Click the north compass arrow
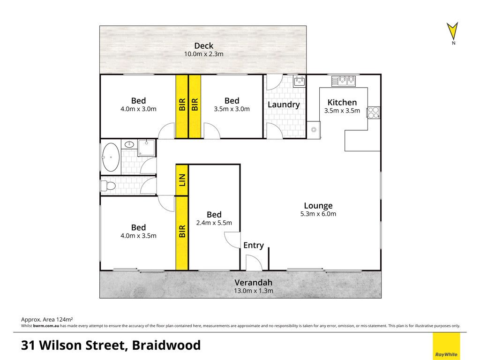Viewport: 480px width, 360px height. [x=452, y=31]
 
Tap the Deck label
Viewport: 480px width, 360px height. [x=203, y=46]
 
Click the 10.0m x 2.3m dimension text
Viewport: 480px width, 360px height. [x=203, y=54]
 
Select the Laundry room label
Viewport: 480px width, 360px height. [x=284, y=105]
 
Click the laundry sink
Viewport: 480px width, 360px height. [x=299, y=81]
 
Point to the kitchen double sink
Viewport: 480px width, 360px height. [x=344, y=81]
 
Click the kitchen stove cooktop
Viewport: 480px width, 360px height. [x=374, y=112]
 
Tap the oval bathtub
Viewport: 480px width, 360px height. [x=111, y=157]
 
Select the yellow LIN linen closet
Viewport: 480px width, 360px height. [x=182, y=180]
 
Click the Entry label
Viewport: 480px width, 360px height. [x=254, y=245]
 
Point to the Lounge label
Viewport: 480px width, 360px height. [x=318, y=206]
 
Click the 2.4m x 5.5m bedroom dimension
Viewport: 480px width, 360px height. [x=214, y=223]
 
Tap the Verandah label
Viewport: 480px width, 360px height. [x=254, y=283]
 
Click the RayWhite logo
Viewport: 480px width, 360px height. [x=446, y=346]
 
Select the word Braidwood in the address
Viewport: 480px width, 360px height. [x=166, y=345]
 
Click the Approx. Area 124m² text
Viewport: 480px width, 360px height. [x=47, y=320]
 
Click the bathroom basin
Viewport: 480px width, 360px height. [x=130, y=144]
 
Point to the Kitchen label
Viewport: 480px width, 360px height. [x=342, y=102]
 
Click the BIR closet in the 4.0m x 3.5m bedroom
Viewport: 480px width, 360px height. [x=182, y=233]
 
